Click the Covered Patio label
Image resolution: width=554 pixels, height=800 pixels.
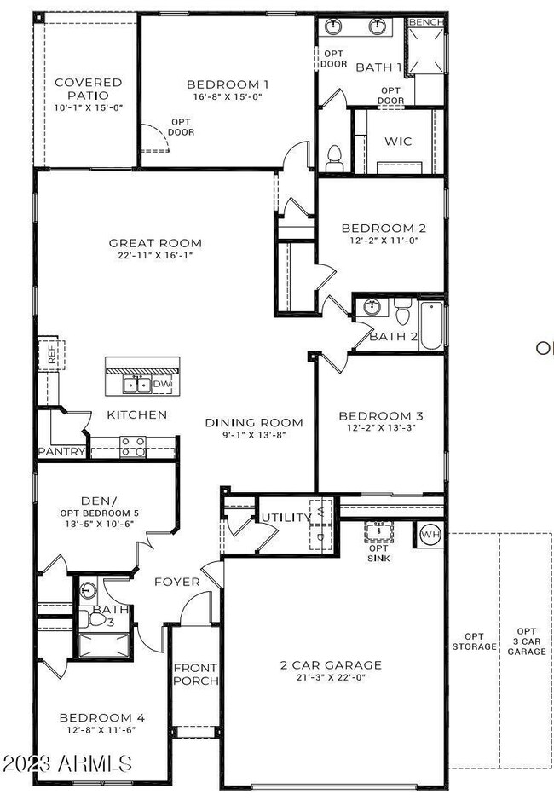(x=88, y=89)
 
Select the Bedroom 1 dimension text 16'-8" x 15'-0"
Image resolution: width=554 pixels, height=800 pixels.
(x=228, y=97)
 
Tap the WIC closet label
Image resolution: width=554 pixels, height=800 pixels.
(x=398, y=141)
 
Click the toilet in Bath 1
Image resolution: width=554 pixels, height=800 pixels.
(x=334, y=156)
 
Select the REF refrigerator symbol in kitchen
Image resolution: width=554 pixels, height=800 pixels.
(x=51, y=356)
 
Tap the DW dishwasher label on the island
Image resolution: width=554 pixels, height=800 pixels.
(x=162, y=386)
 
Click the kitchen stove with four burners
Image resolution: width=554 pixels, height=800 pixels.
(x=131, y=445)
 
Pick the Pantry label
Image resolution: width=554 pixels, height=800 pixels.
(x=61, y=452)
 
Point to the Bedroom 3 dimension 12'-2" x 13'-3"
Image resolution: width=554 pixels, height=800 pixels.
(x=381, y=428)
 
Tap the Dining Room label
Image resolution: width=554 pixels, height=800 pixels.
(x=253, y=422)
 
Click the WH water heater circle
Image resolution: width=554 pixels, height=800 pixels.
(x=429, y=536)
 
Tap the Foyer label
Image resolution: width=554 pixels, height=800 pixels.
(x=176, y=582)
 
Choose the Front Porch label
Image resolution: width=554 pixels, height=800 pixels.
(x=195, y=674)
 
